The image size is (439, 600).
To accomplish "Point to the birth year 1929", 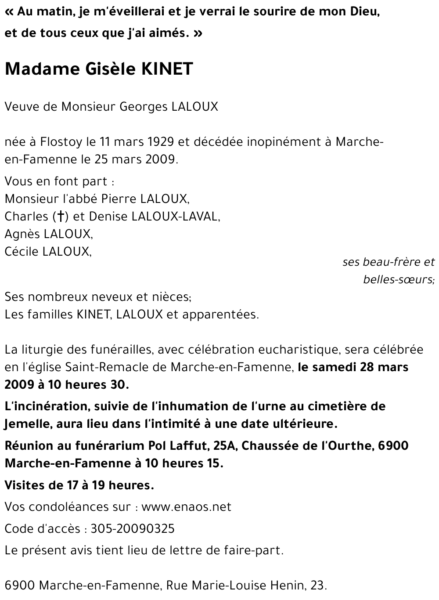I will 160,142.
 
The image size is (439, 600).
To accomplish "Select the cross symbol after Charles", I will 60,217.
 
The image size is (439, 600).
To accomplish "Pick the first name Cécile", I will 22,252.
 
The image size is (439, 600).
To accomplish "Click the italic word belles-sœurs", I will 398,280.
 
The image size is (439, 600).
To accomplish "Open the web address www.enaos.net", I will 186,507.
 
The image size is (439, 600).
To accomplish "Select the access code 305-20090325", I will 133,528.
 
